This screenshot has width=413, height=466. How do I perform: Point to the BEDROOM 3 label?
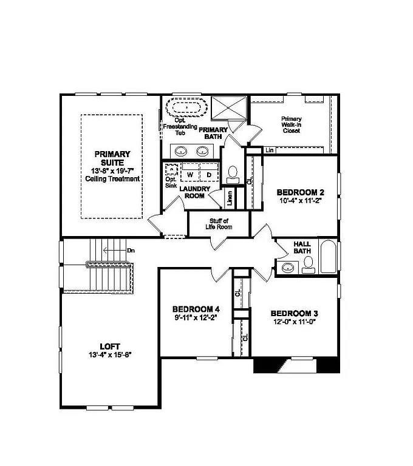(x=295, y=314)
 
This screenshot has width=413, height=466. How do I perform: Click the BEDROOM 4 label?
(x=196, y=308)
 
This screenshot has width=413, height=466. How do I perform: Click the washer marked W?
(x=190, y=175)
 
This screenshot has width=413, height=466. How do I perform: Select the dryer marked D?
(x=209, y=175)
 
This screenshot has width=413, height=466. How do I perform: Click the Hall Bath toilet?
(x=308, y=263)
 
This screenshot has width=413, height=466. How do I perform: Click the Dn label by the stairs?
(x=131, y=249)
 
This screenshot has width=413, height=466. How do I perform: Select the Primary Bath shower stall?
(x=228, y=109)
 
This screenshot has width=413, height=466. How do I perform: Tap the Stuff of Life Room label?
(x=219, y=225)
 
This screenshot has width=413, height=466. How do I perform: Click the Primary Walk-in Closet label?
(x=291, y=124)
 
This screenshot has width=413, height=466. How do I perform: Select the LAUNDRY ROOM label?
(x=195, y=192)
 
